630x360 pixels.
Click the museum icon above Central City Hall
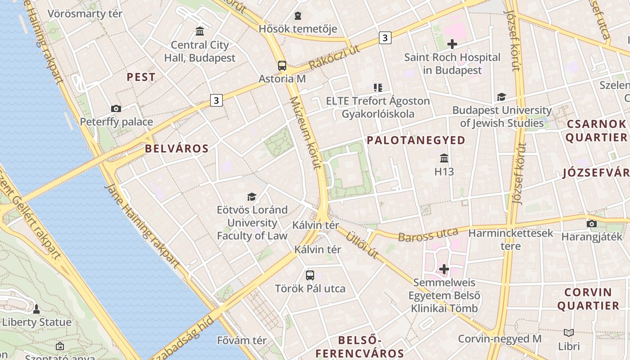pyautogui.click(x=200, y=31)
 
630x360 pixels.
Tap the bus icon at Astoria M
pyautogui.click(x=282, y=66)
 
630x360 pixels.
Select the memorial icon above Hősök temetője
pyautogui.click(x=297, y=16)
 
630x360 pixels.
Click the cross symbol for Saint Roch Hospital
pyautogui.click(x=452, y=44)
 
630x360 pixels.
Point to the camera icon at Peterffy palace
pyautogui.click(x=116, y=108)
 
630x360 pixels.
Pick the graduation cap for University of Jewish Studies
pyautogui.click(x=501, y=97)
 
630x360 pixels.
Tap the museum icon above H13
pyautogui.click(x=444, y=158)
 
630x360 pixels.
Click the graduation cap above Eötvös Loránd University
pyautogui.click(x=252, y=197)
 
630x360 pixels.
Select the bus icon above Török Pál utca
pyautogui.click(x=310, y=275)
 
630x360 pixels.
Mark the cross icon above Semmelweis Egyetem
pyautogui.click(x=444, y=269)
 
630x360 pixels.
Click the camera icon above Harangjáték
pyautogui.click(x=592, y=224)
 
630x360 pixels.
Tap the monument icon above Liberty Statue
pyautogui.click(x=36, y=309)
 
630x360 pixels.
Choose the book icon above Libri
pyautogui.click(x=569, y=333)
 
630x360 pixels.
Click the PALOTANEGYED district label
pyautogui.click(x=416, y=140)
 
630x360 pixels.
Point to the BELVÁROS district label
pyautogui.click(x=177, y=149)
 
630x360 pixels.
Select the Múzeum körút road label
pyautogui.click(x=306, y=132)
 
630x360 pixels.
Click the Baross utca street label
pyautogui.click(x=428, y=235)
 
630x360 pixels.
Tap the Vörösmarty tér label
pyautogui.click(x=85, y=13)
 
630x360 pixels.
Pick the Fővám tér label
pyautogui.click(x=242, y=341)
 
